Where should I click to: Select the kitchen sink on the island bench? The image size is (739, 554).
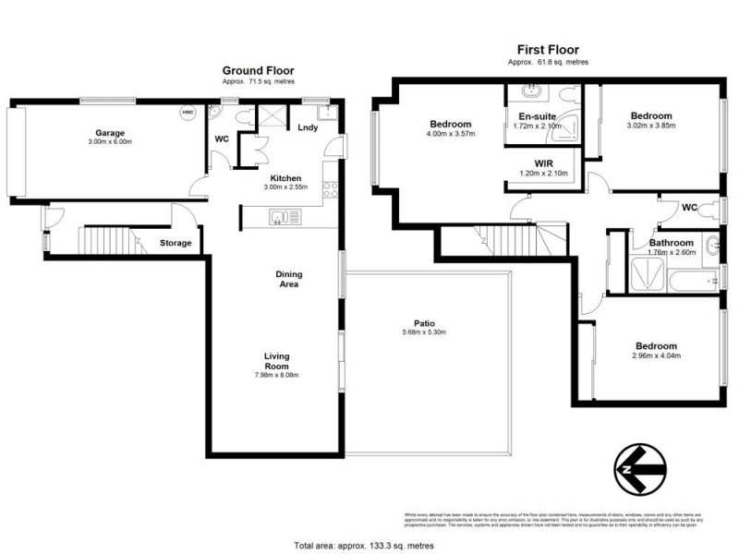tap(283, 218)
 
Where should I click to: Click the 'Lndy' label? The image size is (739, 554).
tap(307, 128)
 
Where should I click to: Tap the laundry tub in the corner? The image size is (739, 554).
tap(326, 112)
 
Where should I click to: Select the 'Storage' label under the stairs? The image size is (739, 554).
tap(176, 243)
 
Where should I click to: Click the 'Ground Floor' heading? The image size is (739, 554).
tap(258, 70)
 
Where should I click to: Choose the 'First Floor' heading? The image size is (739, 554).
tap(548, 50)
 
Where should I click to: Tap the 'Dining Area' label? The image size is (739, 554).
tap(289, 278)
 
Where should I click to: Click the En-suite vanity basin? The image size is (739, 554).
tap(532, 91)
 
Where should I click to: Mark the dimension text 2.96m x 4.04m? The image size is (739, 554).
tap(656, 355)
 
